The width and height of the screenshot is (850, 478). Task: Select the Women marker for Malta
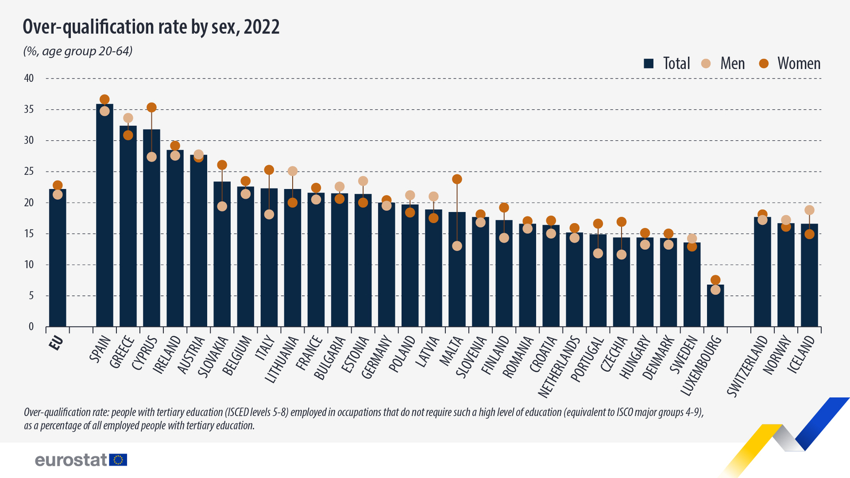coord(457,180)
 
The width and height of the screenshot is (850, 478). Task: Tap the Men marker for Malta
coord(457,246)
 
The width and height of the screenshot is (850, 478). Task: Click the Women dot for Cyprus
coord(151,108)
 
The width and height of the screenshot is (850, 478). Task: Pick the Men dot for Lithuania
coord(292,171)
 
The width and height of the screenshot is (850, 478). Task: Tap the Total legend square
coord(648,64)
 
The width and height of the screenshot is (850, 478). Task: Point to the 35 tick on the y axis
coord(28,109)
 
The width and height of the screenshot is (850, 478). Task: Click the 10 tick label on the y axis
coord(28,264)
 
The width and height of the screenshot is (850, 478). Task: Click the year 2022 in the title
coord(261,27)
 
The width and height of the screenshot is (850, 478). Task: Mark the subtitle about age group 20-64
coord(78,52)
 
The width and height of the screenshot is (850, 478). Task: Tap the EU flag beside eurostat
coord(118,460)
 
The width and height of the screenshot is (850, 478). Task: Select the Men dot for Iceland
coord(809,210)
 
